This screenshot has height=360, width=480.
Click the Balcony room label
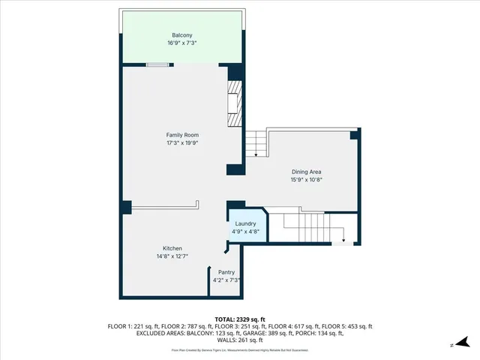pyautogui.click(x=181, y=35)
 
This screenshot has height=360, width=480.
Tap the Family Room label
pyautogui.click(x=181, y=135)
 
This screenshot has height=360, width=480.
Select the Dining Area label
pyautogui.click(x=306, y=172)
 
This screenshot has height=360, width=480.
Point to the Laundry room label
pyautogui.click(x=245, y=223)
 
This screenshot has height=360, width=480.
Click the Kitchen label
pyautogui.click(x=172, y=248)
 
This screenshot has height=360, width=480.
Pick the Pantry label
pyautogui.click(x=226, y=272)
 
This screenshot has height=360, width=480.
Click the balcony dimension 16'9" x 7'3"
pyautogui.click(x=181, y=43)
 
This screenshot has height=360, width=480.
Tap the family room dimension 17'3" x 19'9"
pyautogui.click(x=181, y=142)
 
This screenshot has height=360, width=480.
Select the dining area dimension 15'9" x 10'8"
pyautogui.click(x=306, y=179)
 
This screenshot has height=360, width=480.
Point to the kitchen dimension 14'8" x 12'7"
pyautogui.click(x=172, y=256)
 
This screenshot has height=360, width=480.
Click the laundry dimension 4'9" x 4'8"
pyautogui.click(x=245, y=231)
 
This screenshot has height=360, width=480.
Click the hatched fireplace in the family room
pyautogui.click(x=234, y=105)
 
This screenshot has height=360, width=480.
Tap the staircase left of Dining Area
pyautogui.click(x=256, y=142)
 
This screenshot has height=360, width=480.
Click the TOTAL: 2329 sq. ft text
pyautogui.click(x=240, y=319)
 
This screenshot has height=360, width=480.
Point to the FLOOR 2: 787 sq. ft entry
pyautogui.click(x=187, y=326)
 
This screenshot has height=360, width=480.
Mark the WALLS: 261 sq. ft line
pyautogui.click(x=240, y=340)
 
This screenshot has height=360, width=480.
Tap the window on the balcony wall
pyautogui.click(x=157, y=65)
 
